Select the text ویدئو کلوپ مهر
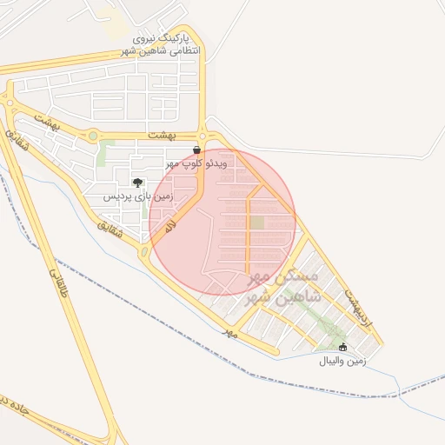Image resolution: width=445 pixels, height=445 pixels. [x=197, y=163]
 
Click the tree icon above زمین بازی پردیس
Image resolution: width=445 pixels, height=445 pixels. [x=137, y=183]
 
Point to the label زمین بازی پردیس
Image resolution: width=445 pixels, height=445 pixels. [x=139, y=196]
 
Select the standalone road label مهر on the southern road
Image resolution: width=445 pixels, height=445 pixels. [x=229, y=333]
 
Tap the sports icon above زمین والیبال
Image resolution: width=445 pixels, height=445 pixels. [x=342, y=347]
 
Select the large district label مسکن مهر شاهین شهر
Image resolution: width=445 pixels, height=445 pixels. [x=283, y=287]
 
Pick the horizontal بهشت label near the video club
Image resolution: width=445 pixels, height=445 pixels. [x=162, y=136]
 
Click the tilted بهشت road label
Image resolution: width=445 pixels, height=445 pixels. [x=47, y=121]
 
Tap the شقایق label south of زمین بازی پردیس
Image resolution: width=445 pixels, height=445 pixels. [x=110, y=229]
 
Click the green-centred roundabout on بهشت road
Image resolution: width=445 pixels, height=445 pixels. [x=93, y=135]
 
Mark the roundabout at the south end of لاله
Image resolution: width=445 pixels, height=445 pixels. [x=145, y=253]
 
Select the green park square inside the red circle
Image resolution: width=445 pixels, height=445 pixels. [x=257, y=222]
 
